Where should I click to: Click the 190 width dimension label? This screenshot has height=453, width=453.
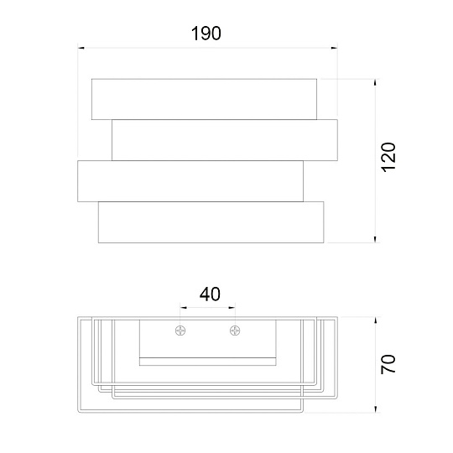click(x=206, y=34)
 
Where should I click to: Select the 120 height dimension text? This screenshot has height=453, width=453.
click(x=388, y=158)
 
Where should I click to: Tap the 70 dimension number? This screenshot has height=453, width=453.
click(x=388, y=364)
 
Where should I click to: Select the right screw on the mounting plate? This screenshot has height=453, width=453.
click(x=235, y=331)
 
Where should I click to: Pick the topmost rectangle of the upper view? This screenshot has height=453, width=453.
click(x=205, y=99)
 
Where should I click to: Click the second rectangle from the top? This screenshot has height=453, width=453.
click(x=225, y=140)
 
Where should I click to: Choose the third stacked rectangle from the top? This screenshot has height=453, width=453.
click(x=190, y=180)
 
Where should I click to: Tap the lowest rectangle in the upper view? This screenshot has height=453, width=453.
click(x=211, y=222)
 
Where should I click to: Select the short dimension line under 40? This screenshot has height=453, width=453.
click(x=208, y=308)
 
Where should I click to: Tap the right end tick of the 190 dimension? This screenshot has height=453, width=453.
click(x=338, y=48)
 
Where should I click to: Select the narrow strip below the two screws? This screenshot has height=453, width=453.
click(x=207, y=362)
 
